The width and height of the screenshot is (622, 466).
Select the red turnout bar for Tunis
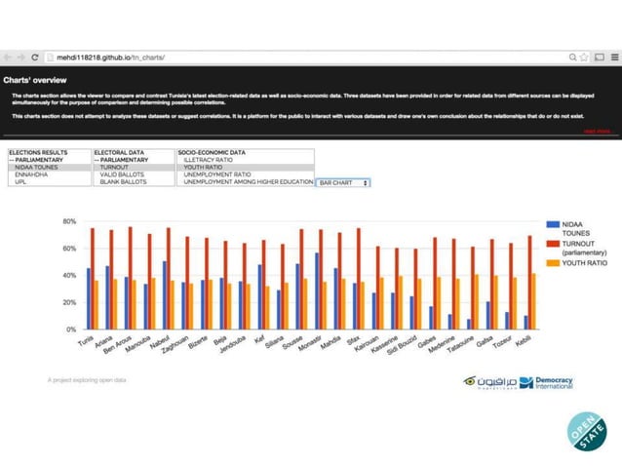point(93,279)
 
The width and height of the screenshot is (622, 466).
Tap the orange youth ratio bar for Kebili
point(534,301)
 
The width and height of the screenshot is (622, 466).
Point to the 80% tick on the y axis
point(69,221)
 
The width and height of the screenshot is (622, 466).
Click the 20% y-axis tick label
point(69,302)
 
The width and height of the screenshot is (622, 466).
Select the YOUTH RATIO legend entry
point(584,263)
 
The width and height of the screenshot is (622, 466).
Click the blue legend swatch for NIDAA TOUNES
point(553,224)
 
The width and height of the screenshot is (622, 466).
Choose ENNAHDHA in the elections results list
point(32,175)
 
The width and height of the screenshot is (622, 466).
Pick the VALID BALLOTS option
point(121,175)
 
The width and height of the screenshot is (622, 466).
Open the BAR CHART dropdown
point(343,182)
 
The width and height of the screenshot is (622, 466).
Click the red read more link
point(597,131)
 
